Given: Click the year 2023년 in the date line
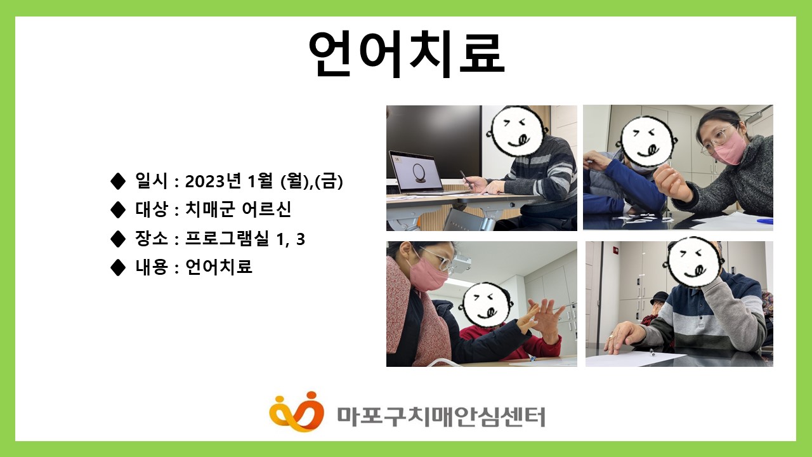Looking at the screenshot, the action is [213, 181].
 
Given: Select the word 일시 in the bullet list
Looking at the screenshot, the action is [152, 180].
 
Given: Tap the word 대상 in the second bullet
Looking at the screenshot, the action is [152, 209].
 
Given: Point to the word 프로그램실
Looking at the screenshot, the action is [227, 238].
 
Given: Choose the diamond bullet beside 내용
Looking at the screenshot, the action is [118, 267].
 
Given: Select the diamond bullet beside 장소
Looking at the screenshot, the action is [118, 239].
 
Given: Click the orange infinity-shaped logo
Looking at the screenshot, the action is [296, 412].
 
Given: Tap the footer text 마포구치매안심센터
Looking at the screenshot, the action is [441, 417].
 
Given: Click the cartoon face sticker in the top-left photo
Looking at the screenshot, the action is [517, 131].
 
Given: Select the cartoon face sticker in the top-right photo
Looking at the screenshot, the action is [648, 142].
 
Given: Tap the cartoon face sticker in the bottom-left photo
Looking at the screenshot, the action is [485, 304].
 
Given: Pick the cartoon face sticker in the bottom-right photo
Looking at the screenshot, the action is [694, 262].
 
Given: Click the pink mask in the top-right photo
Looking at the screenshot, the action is [730, 149].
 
